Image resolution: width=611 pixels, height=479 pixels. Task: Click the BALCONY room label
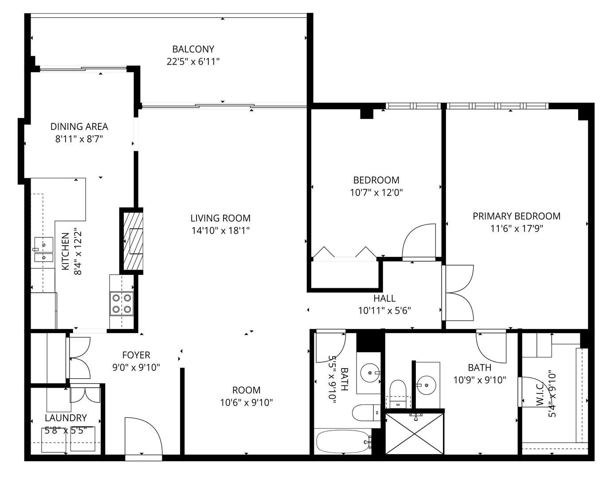[193, 49]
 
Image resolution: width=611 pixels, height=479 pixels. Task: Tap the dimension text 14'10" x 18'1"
[220, 231]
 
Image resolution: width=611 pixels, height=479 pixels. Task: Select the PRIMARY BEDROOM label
[516, 216]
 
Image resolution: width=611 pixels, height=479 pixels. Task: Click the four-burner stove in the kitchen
[122, 303]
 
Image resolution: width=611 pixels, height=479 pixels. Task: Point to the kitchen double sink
[43, 250]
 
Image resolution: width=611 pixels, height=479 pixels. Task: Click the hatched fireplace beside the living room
[132, 241]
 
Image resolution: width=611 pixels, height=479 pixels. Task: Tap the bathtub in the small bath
[342, 442]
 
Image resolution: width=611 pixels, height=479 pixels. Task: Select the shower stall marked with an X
[414, 434]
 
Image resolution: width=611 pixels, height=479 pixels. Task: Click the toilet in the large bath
[398, 391]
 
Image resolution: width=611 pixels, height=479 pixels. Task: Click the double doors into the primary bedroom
[459, 293]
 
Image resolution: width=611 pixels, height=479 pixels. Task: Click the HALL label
[384, 298]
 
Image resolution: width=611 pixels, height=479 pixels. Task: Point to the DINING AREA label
[79, 127]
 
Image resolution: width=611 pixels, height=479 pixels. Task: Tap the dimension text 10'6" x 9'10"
[246, 403]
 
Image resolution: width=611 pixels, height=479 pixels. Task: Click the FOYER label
[136, 355]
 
